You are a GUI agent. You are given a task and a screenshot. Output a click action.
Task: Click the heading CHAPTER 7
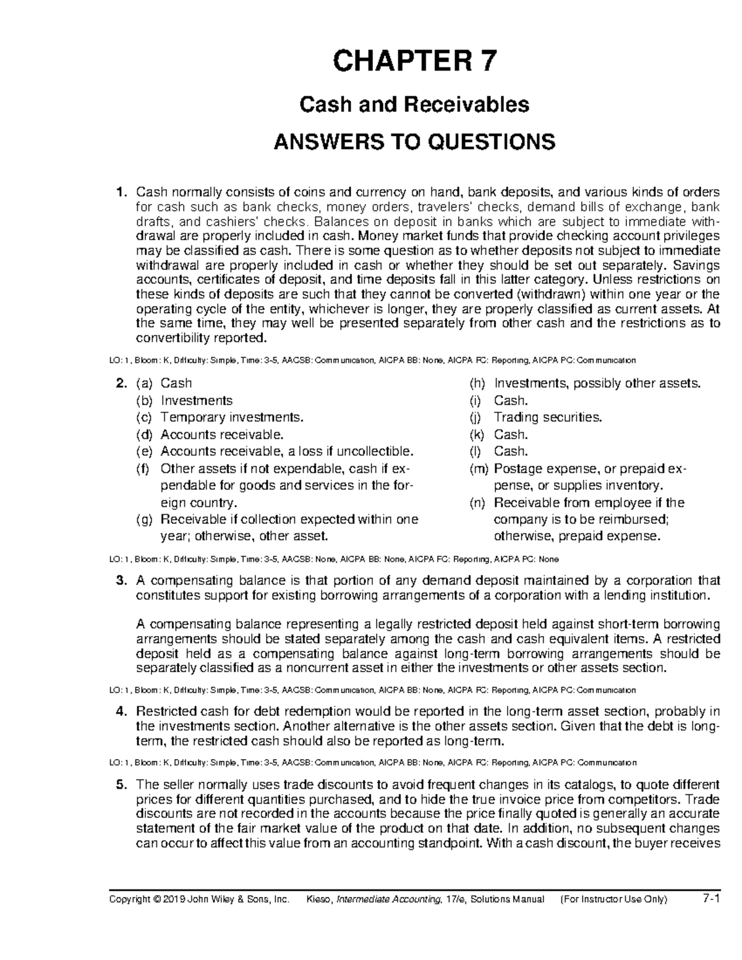coord(414,62)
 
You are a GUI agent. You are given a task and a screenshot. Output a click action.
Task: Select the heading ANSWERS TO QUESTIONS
coord(414,142)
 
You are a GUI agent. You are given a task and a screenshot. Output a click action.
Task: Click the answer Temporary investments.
coord(232,417)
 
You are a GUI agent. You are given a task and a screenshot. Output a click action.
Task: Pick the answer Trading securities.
coord(547,417)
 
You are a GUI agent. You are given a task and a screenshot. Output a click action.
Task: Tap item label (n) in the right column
coord(477,503)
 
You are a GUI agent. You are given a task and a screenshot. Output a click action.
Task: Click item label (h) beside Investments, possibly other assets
coord(477,383)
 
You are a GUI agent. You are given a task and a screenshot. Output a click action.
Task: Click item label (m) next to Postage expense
coord(478,469)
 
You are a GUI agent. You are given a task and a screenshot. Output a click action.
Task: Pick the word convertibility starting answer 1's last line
coord(173,338)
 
